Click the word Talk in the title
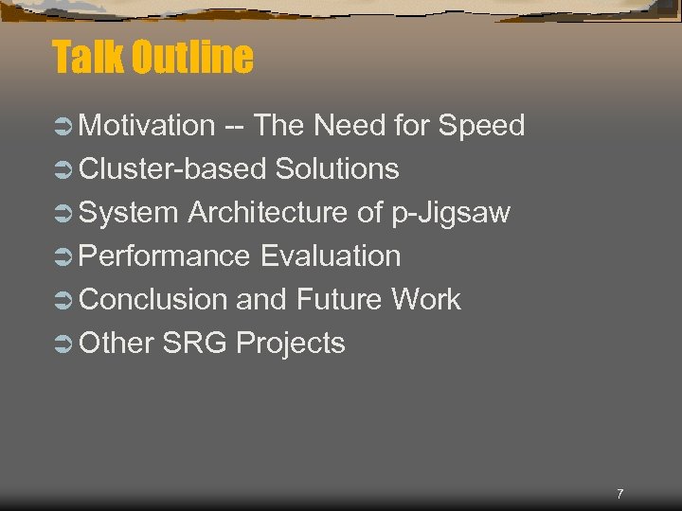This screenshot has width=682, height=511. (88, 57)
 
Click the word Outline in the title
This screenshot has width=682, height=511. (192, 57)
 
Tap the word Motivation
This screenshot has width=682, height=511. (148, 125)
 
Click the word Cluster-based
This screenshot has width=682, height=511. (173, 168)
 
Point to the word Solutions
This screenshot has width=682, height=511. (336, 168)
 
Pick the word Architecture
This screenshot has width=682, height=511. (268, 212)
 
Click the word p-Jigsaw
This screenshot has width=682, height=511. (451, 214)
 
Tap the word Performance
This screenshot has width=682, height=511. (165, 255)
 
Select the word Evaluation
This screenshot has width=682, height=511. (330, 255)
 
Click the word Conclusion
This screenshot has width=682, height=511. (153, 299)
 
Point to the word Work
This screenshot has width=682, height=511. (425, 299)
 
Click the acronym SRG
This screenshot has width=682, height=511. (195, 343)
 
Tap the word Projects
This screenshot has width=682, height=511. (291, 344)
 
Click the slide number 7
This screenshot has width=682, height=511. (619, 494)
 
